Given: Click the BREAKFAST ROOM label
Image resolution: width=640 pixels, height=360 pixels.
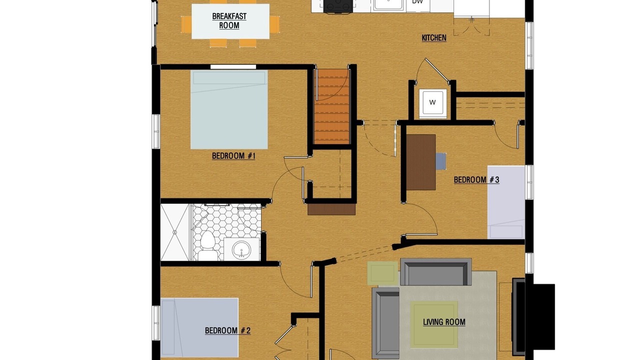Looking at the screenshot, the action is coord(229,21).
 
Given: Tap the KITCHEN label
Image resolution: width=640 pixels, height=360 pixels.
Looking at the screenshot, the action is coord(434,37).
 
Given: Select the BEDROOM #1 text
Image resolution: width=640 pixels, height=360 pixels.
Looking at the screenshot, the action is coord(233,155).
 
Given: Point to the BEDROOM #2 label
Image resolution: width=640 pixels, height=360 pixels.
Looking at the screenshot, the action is coord(227,330).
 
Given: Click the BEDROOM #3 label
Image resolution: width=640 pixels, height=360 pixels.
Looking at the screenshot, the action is coord(476,179).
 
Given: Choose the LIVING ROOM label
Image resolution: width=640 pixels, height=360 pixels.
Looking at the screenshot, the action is coord(444,322).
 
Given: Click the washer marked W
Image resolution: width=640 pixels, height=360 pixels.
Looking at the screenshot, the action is coord(433,103).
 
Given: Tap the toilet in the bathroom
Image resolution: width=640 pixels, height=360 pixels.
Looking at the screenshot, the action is coord(207,245).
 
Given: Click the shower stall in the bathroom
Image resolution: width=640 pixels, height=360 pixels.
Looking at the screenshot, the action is coord(175,232).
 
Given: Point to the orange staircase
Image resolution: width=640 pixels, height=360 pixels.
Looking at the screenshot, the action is coord(331,106).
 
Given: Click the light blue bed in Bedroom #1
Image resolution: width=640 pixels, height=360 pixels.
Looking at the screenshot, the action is coord(229,109).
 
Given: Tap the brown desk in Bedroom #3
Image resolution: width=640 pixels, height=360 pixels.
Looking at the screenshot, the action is coord(421,162).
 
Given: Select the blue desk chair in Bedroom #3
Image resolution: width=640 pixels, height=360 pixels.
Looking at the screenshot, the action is coord(441,161).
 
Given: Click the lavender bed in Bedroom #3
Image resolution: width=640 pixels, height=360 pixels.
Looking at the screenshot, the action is coord(506,202).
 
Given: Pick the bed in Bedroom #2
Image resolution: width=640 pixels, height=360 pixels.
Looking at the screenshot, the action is coord(199,327).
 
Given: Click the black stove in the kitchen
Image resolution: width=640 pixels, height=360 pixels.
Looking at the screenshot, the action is coord(338,6).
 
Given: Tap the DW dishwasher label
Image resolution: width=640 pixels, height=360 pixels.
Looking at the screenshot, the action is coord(417,2).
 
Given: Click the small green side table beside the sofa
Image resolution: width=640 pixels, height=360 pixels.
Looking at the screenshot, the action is coord(382,273).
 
